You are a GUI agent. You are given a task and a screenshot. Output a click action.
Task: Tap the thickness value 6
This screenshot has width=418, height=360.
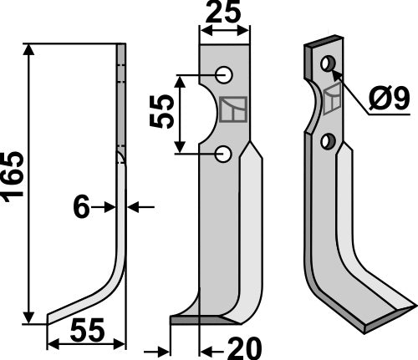80,207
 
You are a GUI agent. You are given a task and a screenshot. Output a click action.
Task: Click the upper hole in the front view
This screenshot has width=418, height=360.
224,75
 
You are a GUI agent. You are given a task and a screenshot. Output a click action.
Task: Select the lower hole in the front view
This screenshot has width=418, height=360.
223,153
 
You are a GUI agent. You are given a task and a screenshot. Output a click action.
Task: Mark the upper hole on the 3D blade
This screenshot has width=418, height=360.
328,63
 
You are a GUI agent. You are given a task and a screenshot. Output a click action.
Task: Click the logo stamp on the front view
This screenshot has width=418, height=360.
232,109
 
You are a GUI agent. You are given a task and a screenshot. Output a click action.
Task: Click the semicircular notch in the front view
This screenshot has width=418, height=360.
210,114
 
